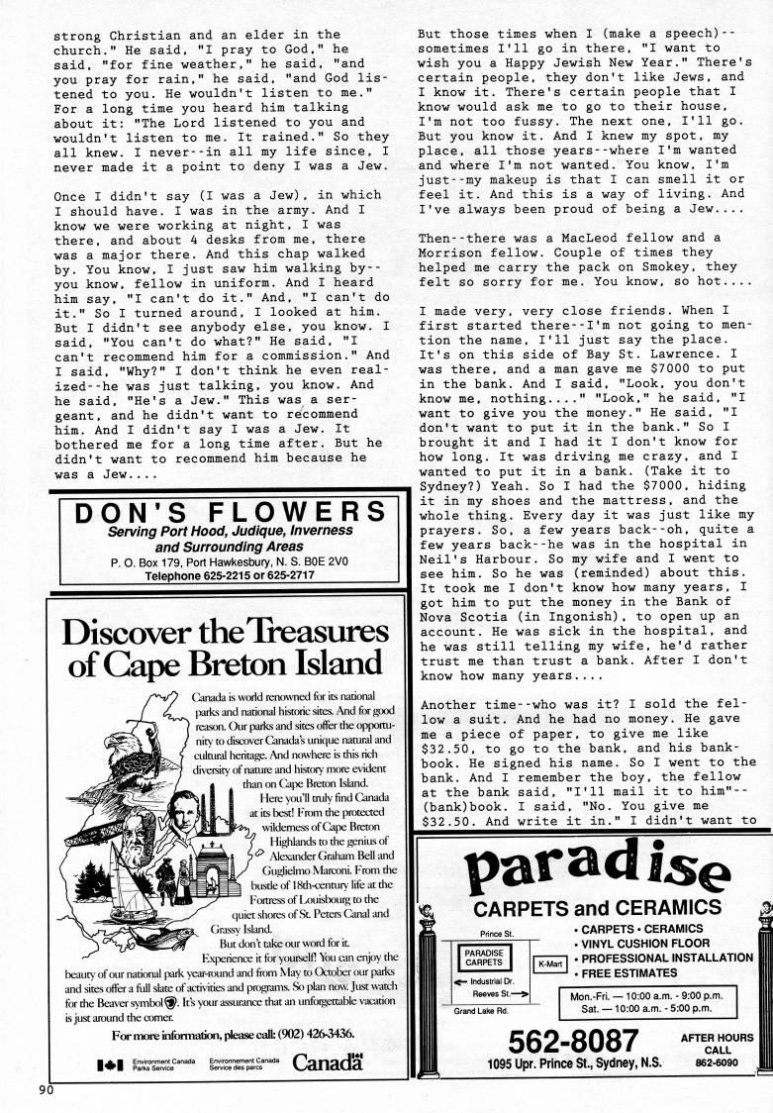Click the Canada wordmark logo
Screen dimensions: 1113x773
tap(328, 1065)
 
